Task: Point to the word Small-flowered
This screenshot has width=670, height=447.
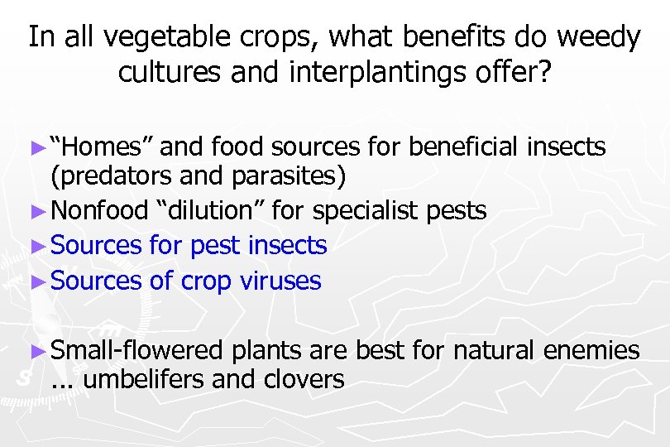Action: click(x=136, y=351)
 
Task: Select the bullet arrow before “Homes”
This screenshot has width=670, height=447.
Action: click(x=36, y=148)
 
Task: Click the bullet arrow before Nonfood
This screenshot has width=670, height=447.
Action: click(x=36, y=211)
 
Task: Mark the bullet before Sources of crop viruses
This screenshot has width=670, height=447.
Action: click(x=36, y=281)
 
